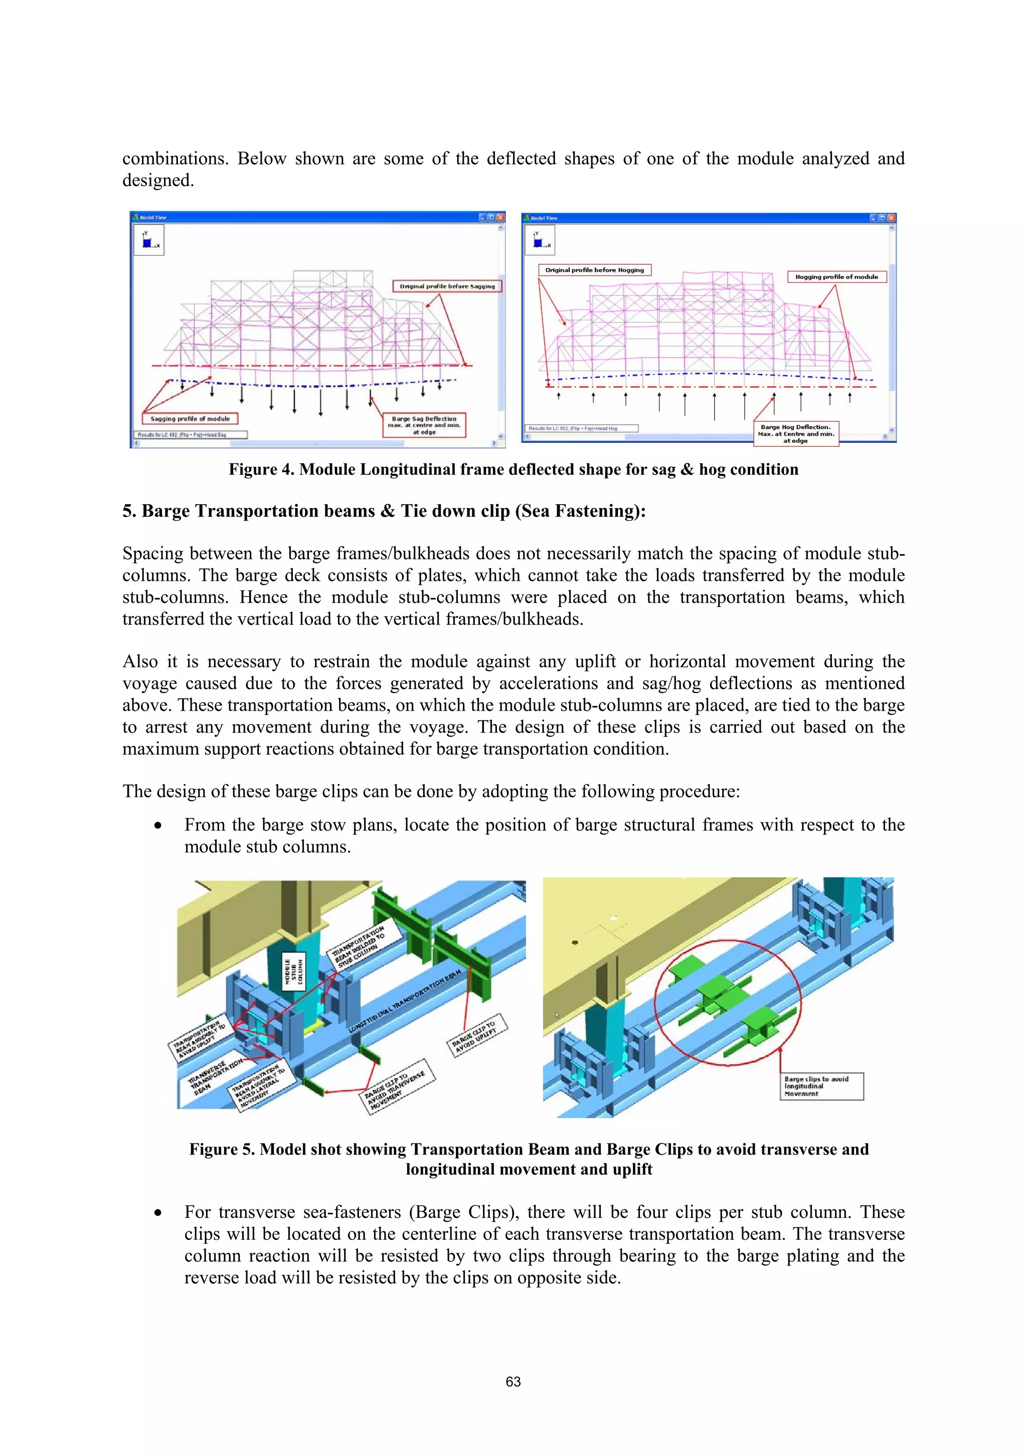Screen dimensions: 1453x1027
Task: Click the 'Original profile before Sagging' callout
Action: pos(447,286)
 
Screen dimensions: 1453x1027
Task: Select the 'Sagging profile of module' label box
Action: pos(190,419)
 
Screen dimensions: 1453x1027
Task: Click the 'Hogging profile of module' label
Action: pos(836,276)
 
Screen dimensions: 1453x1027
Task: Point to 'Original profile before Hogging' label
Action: pos(594,270)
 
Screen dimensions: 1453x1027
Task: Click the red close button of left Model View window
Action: pos(500,217)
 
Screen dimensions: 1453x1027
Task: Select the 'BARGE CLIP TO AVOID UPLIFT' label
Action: pos(478,1035)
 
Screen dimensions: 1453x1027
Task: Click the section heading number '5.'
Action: pos(129,512)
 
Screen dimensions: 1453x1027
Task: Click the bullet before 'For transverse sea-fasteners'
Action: pos(157,1213)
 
